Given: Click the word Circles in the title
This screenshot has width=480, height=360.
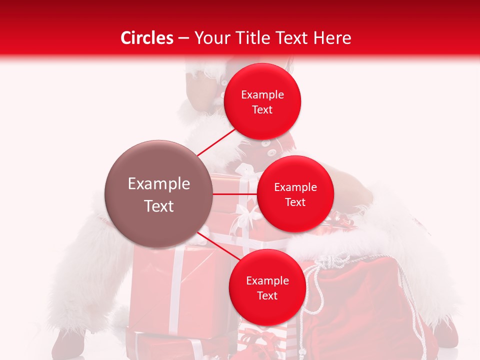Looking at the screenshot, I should pos(146,38).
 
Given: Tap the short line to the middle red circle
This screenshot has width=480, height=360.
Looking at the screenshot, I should pos(234,194).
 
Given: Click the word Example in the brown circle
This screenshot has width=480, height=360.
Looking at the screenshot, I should pos(159,184).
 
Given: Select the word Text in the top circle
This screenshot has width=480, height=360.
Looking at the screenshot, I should pos(262,110).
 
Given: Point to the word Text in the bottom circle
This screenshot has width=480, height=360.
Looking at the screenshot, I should pos(267,296).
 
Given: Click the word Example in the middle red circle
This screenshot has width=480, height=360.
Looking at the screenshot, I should pos(295,187).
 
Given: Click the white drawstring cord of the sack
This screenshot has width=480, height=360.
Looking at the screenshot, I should pos(312,290).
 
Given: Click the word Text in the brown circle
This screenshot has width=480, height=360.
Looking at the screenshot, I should pos(159,206).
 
